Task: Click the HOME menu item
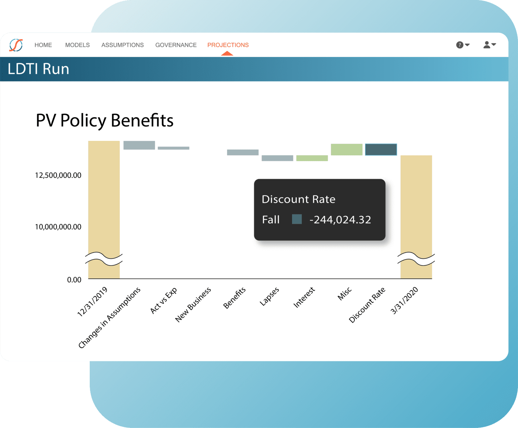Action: (43, 45)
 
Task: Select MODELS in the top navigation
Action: (77, 45)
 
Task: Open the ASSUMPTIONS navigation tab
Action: (122, 45)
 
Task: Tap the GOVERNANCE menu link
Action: (176, 45)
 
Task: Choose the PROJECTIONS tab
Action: (228, 45)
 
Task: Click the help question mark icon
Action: (460, 45)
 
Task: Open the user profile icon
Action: (487, 45)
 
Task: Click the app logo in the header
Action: (16, 45)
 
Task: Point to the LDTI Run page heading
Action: (38, 69)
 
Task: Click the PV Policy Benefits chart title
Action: (105, 120)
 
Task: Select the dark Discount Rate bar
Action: (381, 150)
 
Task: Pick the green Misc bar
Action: (346, 150)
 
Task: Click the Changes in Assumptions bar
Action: (139, 145)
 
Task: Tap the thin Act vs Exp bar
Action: (173, 148)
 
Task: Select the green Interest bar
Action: (312, 158)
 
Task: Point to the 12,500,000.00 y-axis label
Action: (58, 175)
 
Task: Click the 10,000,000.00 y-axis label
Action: (58, 227)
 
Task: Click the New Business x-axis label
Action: (193, 304)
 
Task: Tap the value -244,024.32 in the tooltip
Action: (340, 220)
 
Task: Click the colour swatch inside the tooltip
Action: (297, 219)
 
